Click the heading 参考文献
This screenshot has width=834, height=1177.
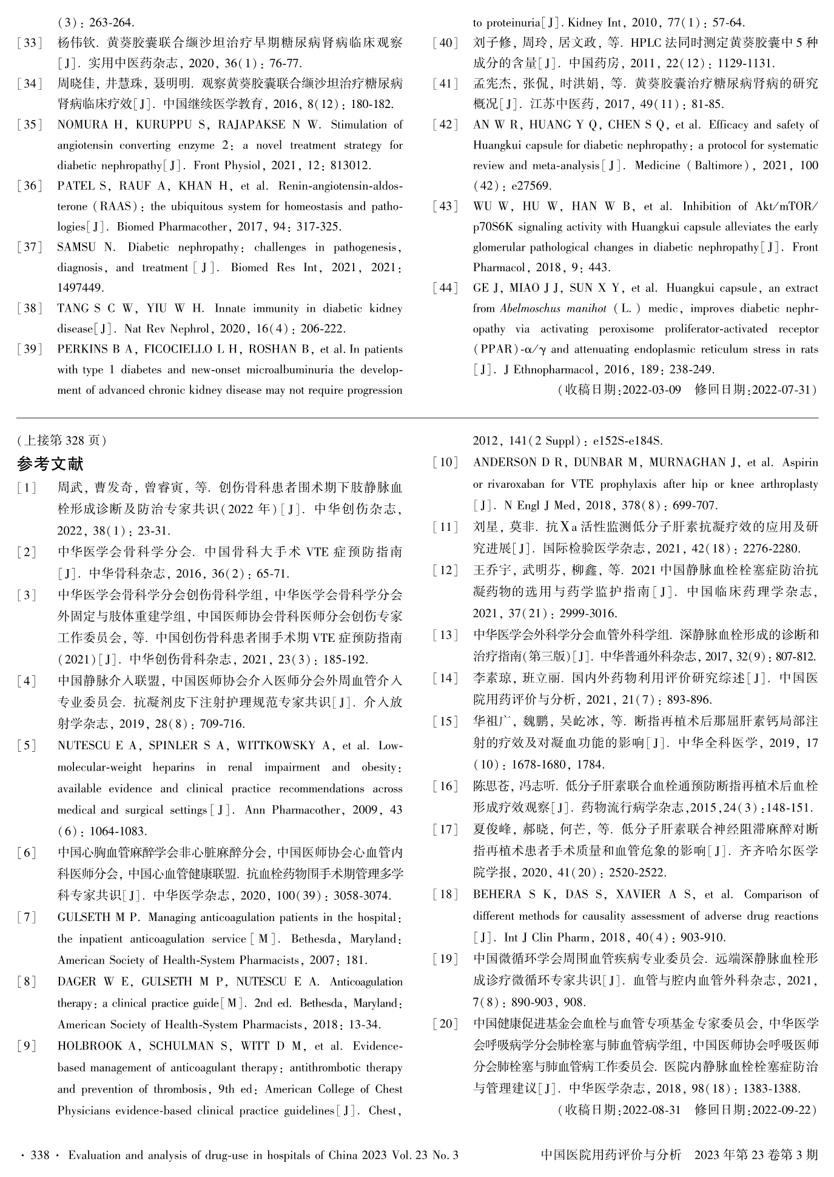(50, 464)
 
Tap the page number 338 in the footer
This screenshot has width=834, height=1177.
(39, 1155)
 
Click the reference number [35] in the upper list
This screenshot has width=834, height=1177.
(30, 125)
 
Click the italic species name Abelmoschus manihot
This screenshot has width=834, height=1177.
(553, 309)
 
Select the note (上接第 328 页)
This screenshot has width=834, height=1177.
(62, 440)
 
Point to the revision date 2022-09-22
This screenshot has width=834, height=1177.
(781, 1110)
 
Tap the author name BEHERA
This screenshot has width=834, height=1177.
(497, 894)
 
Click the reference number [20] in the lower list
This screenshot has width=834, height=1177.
(445, 1024)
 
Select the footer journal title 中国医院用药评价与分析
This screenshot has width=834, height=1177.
(611, 1155)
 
